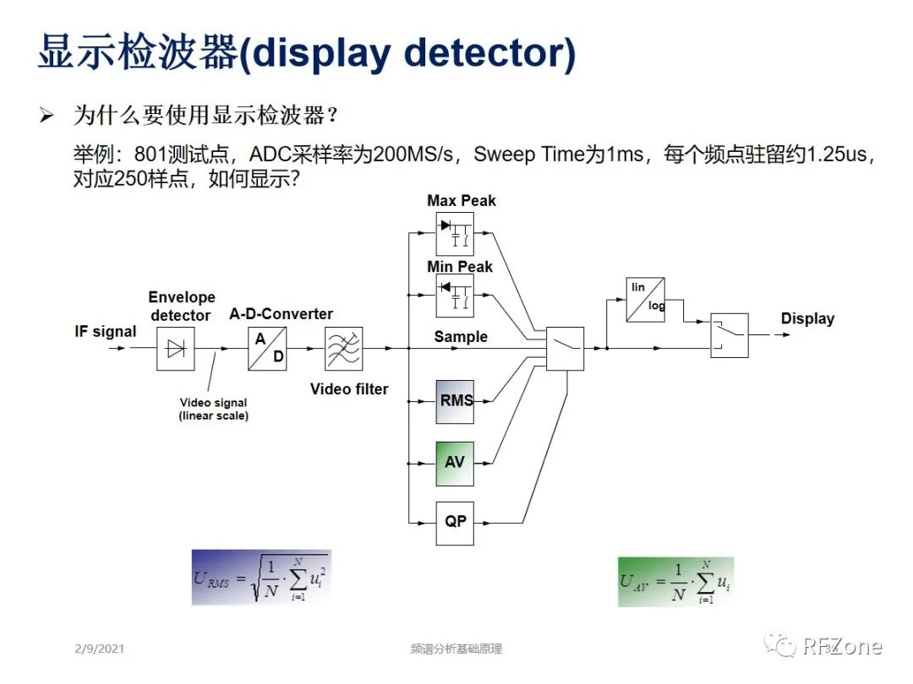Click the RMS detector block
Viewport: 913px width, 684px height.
[455, 401]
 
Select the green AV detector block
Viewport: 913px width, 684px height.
[455, 463]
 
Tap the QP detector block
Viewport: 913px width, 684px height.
[455, 523]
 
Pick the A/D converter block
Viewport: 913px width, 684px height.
[267, 348]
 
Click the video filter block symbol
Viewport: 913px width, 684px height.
[344, 348]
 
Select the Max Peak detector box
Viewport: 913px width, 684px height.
[455, 234]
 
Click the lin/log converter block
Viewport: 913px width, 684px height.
[645, 299]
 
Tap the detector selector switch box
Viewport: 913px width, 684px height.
[565, 348]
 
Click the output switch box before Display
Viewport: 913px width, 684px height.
[729, 335]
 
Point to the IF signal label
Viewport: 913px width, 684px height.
[105, 332]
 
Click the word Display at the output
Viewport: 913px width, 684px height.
[807, 319]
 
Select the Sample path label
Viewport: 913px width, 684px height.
[461, 337]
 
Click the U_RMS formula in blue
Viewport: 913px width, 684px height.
[260, 578]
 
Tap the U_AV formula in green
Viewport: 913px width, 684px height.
[675, 581]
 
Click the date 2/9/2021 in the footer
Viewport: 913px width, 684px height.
[99, 649]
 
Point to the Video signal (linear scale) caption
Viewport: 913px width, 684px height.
[213, 410]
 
